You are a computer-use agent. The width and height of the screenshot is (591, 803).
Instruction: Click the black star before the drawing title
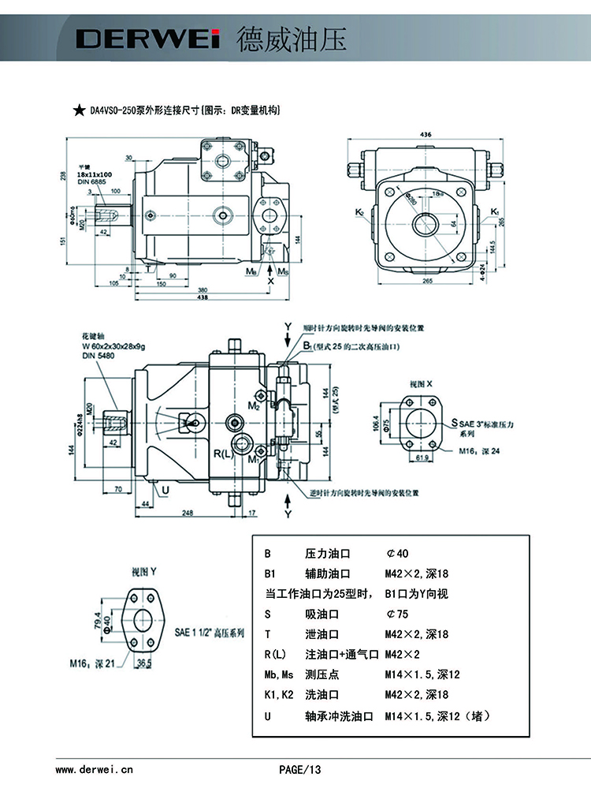coord(79,111)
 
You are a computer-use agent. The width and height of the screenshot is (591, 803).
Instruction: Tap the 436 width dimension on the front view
coord(426,135)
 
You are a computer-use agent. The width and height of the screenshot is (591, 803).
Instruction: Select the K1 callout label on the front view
coord(494,211)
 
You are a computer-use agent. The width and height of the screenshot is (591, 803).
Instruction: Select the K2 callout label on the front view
coord(359,211)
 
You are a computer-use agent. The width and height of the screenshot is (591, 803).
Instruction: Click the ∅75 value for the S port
coord(395,614)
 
